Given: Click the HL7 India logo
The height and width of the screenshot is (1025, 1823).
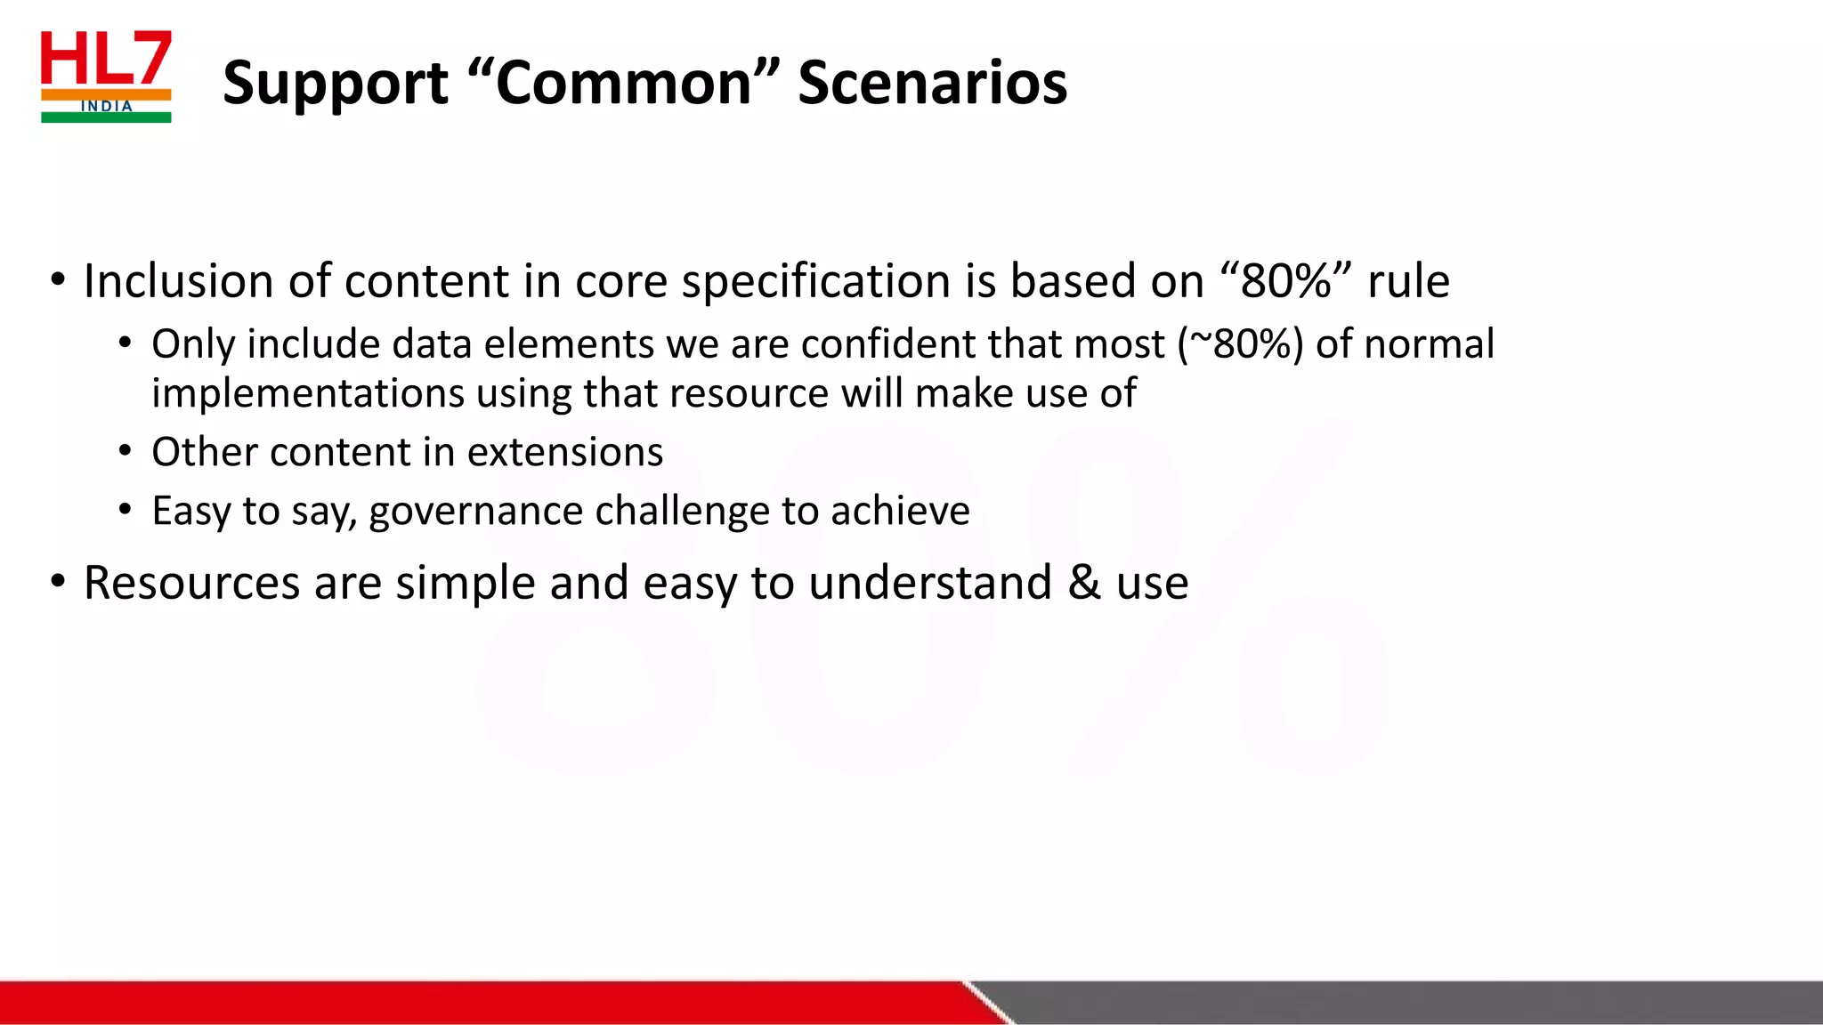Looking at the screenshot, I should point(106,77).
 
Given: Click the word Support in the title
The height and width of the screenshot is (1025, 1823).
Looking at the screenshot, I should point(336,83).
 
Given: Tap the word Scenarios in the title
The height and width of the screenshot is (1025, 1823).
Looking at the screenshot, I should point(932,83).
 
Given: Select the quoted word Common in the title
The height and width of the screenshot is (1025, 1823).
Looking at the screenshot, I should point(622,83).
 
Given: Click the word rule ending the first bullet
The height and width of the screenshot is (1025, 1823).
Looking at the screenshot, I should point(1408,281).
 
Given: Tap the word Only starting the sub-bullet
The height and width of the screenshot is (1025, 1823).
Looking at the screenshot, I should point(193,344).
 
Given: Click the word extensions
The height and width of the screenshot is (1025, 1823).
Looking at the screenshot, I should point(565,452).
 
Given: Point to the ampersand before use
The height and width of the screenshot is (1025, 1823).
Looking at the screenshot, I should point(1083,583).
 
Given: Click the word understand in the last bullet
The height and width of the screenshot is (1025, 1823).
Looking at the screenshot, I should point(930,584).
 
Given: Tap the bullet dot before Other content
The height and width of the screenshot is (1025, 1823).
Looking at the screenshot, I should point(126,452).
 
